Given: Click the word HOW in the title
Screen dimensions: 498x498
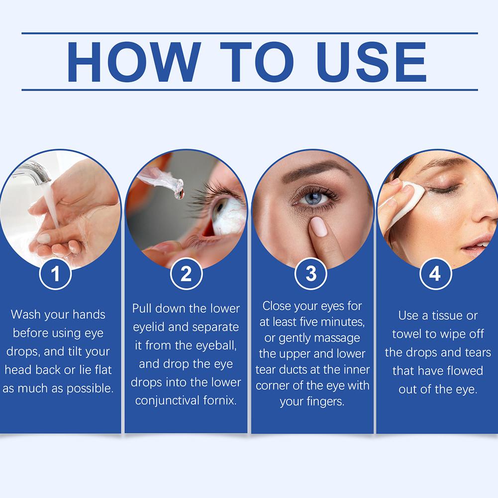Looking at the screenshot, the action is click(x=134, y=62).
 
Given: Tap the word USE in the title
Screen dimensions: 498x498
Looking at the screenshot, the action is click(x=372, y=62).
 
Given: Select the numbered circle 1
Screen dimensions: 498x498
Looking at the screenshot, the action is click(x=55, y=274).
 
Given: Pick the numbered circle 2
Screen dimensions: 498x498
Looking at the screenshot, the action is click(x=186, y=274).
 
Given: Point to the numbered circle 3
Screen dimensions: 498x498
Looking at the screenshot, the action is click(x=311, y=274).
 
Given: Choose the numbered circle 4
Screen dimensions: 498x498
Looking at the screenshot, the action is click(x=435, y=274).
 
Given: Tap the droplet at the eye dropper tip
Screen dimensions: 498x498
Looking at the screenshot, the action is click(x=180, y=194).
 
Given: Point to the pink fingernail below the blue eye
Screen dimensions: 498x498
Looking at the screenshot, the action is click(x=318, y=226).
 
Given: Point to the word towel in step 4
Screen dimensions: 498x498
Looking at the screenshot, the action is click(x=407, y=334).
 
